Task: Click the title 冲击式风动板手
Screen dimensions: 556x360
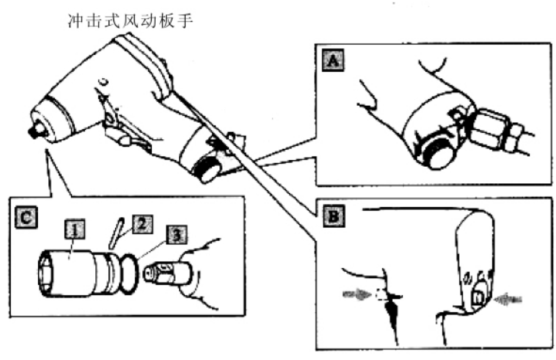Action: tap(130, 21)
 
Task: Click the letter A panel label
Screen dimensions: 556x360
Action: tap(333, 60)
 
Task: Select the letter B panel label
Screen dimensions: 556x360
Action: tap(333, 216)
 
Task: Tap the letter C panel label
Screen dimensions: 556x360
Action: tap(26, 217)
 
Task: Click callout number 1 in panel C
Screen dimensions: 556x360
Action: tap(75, 229)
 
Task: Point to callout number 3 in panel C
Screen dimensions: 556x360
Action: tap(176, 234)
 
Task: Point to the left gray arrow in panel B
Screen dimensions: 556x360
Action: tap(357, 294)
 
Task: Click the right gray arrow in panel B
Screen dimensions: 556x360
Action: tap(508, 300)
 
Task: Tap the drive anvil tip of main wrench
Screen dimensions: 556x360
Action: tap(35, 131)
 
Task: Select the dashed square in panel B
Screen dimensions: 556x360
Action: tap(380, 294)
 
